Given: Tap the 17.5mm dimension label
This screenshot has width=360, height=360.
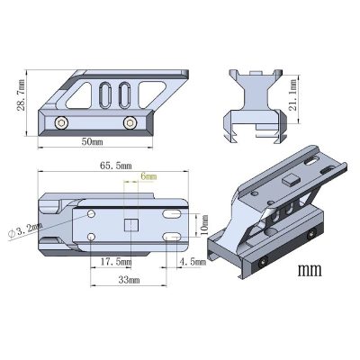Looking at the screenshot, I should (x=113, y=262).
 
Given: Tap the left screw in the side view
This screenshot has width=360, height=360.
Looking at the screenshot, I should (x=60, y=122).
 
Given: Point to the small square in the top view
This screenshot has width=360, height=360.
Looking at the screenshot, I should (x=129, y=225).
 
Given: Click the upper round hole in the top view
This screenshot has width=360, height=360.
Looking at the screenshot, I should (x=93, y=213).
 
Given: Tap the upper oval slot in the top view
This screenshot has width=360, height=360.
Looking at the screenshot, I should (x=169, y=213).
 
